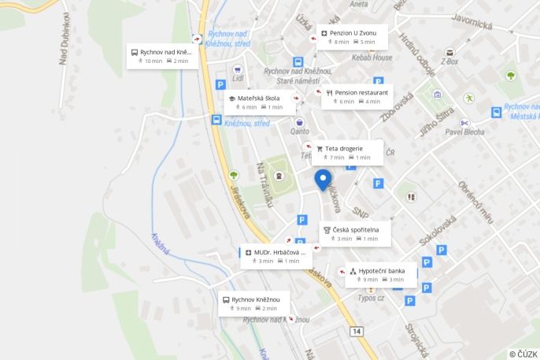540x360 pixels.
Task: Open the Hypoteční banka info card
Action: [x=380, y=275]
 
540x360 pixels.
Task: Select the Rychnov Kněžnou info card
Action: [x=253, y=304]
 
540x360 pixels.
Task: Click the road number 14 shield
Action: [x=357, y=332]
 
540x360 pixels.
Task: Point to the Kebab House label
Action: [x=372, y=58]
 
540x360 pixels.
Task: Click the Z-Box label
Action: [x=449, y=61]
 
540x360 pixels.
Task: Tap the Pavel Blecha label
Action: [x=464, y=132]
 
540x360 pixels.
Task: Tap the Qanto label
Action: [x=300, y=132]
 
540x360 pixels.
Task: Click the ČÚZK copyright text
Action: [x=523, y=354]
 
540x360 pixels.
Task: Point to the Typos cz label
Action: [x=371, y=298]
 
